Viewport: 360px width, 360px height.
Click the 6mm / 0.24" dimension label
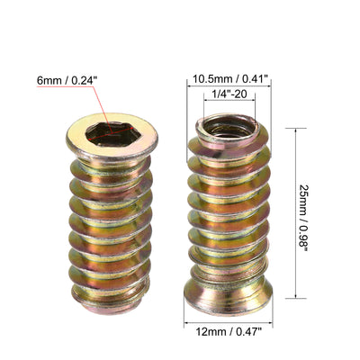click(67, 80)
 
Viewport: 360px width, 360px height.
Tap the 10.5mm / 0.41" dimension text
click(229, 79)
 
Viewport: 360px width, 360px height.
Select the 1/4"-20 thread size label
click(229, 94)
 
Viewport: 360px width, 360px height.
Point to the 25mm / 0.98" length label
click(303, 213)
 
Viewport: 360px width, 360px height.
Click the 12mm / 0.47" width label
click(229, 332)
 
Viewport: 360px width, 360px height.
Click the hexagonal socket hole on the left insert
click(112, 135)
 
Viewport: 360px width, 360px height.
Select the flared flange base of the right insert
click(228, 295)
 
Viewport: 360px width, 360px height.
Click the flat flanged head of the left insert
click(112, 136)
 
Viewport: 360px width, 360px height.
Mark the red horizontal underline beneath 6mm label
click(66, 86)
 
